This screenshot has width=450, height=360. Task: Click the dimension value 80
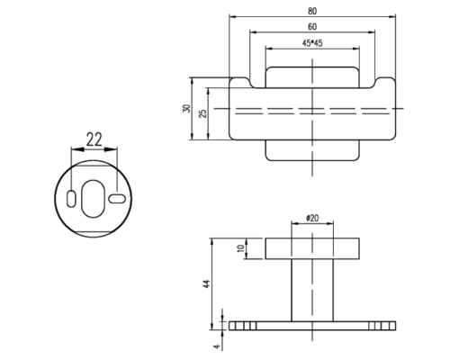coord(312,11)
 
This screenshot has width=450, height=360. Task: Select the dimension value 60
coord(312,27)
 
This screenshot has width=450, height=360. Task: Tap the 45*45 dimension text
coord(312,43)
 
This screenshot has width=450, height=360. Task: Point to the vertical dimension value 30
coord(186,108)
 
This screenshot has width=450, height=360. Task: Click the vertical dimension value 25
coord(203,113)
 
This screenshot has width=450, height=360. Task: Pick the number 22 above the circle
coord(94,139)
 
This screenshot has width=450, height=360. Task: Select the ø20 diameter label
coord(312,218)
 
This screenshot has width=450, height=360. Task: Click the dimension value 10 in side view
coord(241,248)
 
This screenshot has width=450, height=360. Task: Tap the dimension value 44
coord(207,283)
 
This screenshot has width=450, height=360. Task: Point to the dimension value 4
coord(217,346)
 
